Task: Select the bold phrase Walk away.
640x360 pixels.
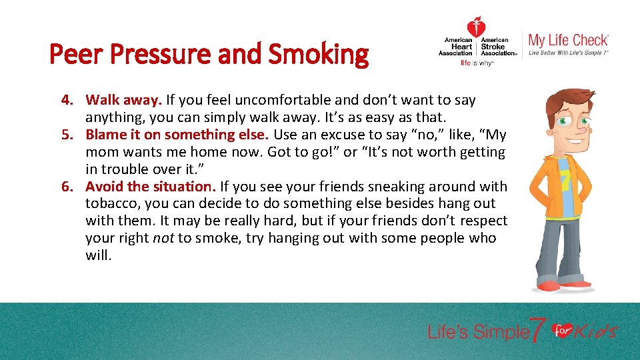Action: tap(124, 101)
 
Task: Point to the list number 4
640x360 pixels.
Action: tap(66, 101)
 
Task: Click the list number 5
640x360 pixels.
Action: tap(66, 135)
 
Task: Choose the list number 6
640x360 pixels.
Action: tap(66, 187)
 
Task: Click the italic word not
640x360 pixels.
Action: tap(163, 239)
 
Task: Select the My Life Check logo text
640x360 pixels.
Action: tap(568, 40)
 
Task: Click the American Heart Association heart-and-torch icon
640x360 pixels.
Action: tap(476, 28)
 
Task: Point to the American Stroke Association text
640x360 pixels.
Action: tap(498, 47)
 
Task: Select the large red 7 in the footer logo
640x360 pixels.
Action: tap(537, 329)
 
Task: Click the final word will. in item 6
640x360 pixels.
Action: tap(98, 256)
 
